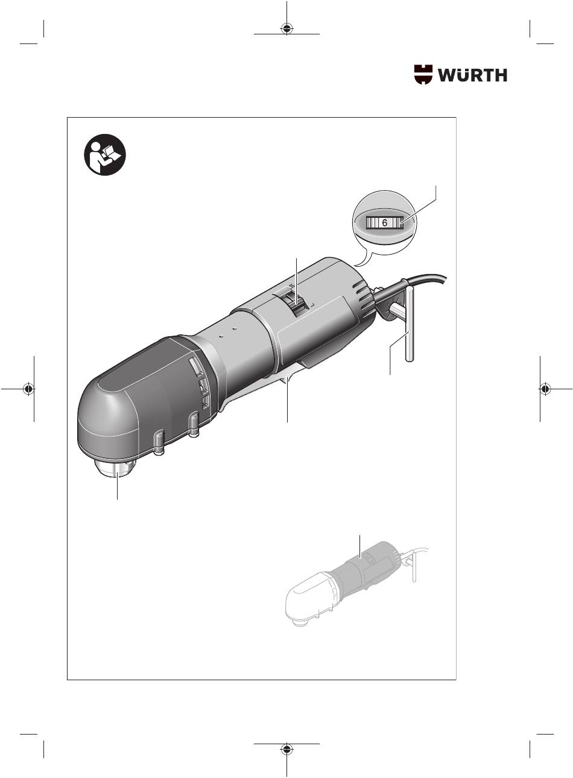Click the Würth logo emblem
pyautogui.click(x=423, y=74)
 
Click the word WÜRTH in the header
pyautogui.click(x=472, y=75)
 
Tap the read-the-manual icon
pyautogui.click(x=105, y=155)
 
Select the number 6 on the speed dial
pyautogui.click(x=384, y=223)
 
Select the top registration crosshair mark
pyautogui.click(x=286, y=28)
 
